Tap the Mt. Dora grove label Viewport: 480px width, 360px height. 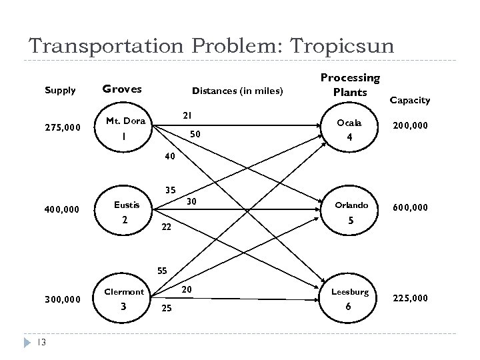pos(125,121)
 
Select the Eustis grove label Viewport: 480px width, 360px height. pos(127,205)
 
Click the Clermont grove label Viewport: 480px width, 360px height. pos(124,291)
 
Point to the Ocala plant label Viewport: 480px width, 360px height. pos(349,123)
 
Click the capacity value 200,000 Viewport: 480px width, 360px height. pos(410,125)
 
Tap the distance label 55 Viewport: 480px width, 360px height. pos(162,271)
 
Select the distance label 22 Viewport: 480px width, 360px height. pos(167,227)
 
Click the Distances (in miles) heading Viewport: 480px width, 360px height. pos(237,91)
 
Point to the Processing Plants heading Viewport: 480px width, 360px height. pos(350,85)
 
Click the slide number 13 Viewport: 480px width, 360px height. pos(41,343)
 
